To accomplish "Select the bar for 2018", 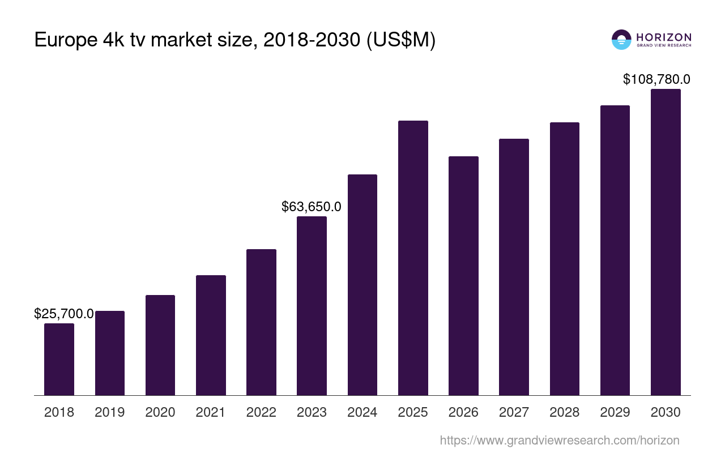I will pos(59,359).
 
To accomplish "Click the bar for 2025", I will pos(413,258).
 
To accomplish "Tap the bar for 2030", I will pos(666,242).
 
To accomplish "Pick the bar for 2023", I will pos(312,306).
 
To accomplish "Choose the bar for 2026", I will pos(463,276).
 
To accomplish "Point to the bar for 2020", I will pos(160,345).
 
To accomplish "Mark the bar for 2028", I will pos(565,259).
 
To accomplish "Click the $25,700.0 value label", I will pos(64,314).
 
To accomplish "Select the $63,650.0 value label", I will pos(312,207).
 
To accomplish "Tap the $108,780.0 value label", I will pos(656,79).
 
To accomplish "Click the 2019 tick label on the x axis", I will pos(110,412).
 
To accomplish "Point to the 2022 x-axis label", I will pos(261,412).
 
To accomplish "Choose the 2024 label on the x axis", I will pos(362,412).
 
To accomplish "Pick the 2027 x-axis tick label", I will pos(514,412).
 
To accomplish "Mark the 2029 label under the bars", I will pos(615,412).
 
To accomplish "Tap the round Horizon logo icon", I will pos(621,40).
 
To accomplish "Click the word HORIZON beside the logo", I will pos(664,37).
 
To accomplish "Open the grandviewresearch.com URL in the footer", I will pos(560,440).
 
